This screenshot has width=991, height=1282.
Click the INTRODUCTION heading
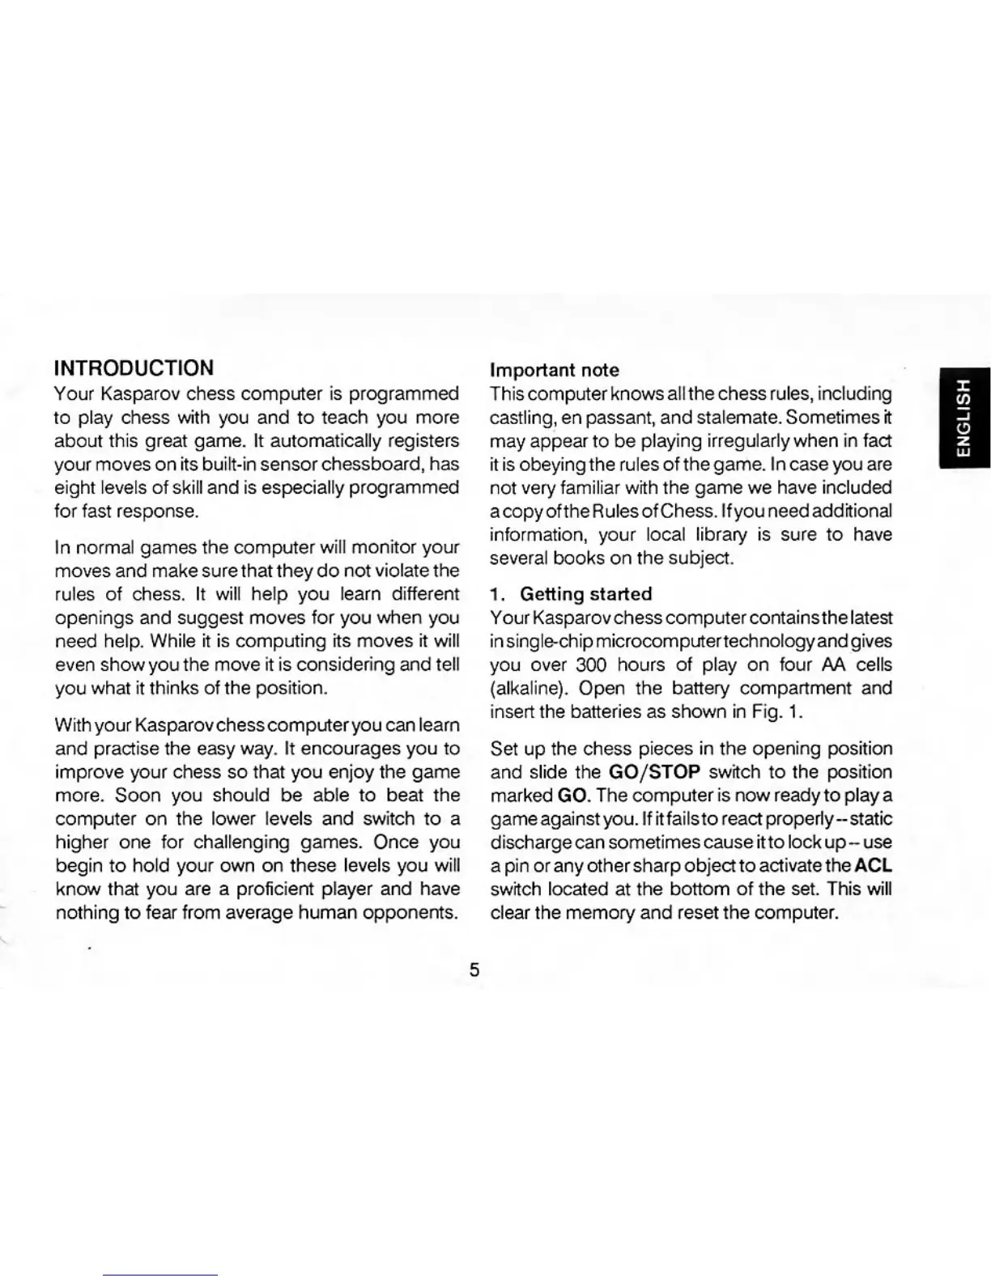pos(134,368)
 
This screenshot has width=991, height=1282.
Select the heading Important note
pos(555,371)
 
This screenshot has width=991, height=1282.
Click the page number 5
pos(474,970)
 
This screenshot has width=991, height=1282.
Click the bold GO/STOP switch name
pos(653,772)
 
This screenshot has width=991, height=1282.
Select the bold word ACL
pos(873,865)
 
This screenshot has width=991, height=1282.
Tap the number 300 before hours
pos(590,665)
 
